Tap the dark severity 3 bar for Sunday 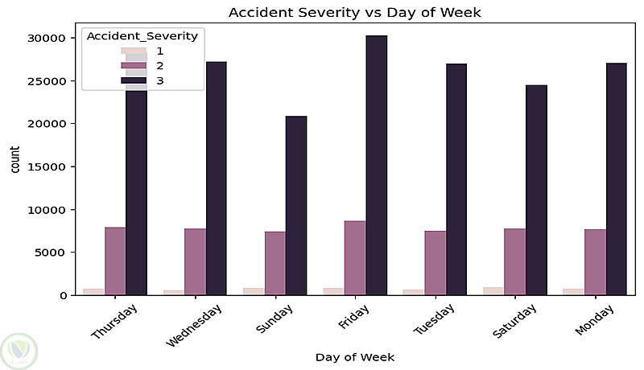tap(295, 205)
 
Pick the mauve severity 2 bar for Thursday tap(115, 261)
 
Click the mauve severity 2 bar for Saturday tap(515, 261)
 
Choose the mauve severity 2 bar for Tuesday tap(436, 263)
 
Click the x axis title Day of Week tap(354, 356)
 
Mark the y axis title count tap(16, 166)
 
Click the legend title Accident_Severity tap(142, 36)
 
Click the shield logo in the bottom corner tap(20, 350)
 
